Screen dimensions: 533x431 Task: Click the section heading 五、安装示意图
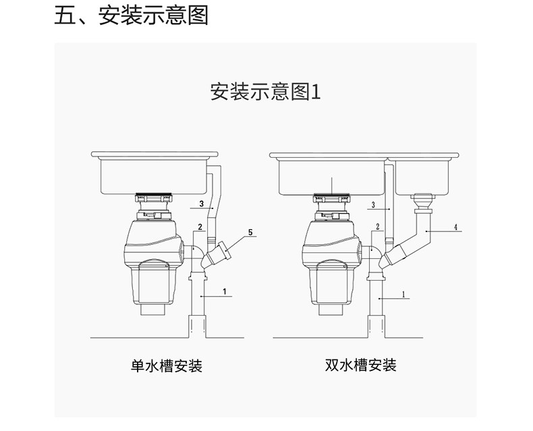(131, 16)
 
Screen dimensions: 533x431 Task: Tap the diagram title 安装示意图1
(265, 92)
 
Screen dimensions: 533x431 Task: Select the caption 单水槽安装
(167, 366)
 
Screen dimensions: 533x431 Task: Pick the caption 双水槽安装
(361, 366)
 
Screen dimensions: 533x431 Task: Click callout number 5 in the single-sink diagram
(250, 233)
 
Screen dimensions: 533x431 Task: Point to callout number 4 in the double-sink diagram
(456, 227)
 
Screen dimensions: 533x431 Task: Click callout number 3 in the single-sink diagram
(202, 204)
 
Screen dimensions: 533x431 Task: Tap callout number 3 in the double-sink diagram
(373, 205)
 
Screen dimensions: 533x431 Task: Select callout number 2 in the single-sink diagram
(200, 227)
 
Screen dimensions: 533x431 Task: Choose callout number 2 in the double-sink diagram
(378, 227)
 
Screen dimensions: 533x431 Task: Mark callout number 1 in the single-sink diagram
(225, 291)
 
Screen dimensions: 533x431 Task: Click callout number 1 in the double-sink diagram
(404, 294)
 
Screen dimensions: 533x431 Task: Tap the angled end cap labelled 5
(225, 250)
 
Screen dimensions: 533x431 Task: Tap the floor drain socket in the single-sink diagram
(197, 326)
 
